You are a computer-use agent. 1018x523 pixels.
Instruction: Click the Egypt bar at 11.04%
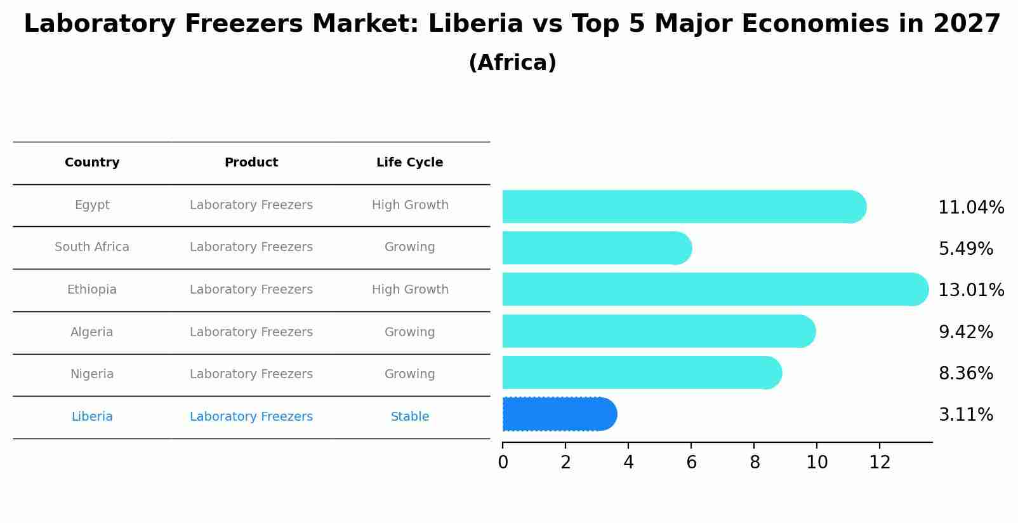[x=682, y=207]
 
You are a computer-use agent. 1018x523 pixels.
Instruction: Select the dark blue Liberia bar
[x=559, y=414]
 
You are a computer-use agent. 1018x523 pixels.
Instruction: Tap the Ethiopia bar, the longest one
[x=714, y=290]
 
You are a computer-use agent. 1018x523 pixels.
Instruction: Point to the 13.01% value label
[x=971, y=290]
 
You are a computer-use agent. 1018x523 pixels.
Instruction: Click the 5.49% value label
[x=965, y=249]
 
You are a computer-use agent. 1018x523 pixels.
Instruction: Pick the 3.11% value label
[x=965, y=415]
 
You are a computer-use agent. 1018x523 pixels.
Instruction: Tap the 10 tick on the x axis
[x=817, y=463]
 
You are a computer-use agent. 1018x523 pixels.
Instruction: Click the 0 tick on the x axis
[x=503, y=463]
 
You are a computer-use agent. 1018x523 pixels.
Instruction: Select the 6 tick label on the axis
[x=691, y=463]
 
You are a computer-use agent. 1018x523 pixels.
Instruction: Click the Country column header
[x=92, y=163]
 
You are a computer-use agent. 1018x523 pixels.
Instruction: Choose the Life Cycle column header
[x=409, y=163]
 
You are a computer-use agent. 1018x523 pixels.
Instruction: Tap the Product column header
[x=251, y=163]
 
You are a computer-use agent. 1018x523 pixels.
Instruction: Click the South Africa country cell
[x=92, y=247]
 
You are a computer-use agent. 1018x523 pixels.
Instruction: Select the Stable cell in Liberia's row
[x=410, y=417]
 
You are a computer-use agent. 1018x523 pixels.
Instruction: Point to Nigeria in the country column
[x=92, y=374]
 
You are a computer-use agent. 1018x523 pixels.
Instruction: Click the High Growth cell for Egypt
[x=410, y=205]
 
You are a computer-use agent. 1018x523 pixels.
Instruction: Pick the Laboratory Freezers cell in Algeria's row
[x=251, y=332]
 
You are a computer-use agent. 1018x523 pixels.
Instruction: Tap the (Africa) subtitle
[x=512, y=63]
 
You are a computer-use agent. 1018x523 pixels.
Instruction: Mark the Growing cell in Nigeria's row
[x=410, y=374]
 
